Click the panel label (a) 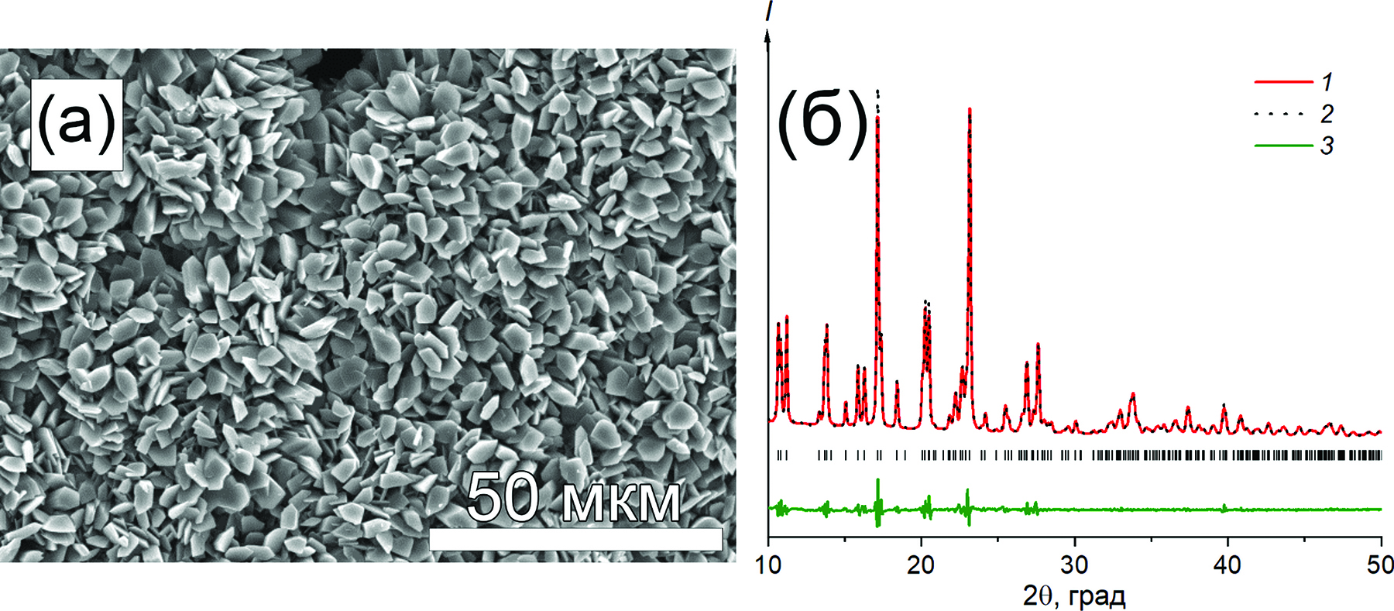pos(76,124)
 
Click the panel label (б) pos(822,124)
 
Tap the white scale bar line pos(575,540)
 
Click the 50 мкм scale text pos(574,499)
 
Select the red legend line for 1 pos(1282,82)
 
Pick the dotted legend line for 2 pos(1282,114)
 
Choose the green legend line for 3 pos(1282,145)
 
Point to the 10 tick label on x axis pos(768,565)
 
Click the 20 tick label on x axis pos(921,565)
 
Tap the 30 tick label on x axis pos(1074,565)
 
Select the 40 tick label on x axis pos(1227,565)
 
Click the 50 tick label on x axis pos(1379,565)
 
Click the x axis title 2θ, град pos(1074,596)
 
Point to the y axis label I pos(768,11)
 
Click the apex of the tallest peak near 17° pos(877,91)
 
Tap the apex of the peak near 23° pos(970,110)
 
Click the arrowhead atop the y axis pos(768,35)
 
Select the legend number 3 pos(1327,145)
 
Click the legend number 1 pos(1327,82)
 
